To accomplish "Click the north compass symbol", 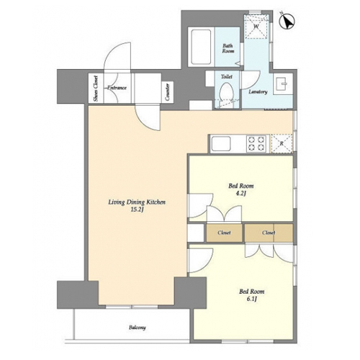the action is point(287,22).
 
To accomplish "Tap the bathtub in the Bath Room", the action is point(201,47).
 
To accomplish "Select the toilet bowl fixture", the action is point(226,91).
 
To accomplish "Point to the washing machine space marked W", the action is point(256,27).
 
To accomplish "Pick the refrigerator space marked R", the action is point(282,143).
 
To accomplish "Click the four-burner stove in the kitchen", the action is point(256,143).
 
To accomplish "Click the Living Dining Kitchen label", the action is point(137,202).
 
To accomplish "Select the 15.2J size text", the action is point(137,210).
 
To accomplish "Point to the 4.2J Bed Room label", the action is point(241,189).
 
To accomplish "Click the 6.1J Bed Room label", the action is point(251,295).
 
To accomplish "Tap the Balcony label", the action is point(138,328).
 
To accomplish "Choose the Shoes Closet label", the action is point(96,89).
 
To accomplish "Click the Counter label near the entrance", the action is point(167,91).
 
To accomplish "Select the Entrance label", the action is point(117,88).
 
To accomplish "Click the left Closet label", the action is point(224,233).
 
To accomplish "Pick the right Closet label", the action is point(269,233).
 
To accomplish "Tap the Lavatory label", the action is point(258,91).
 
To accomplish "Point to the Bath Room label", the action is point(228,48).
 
